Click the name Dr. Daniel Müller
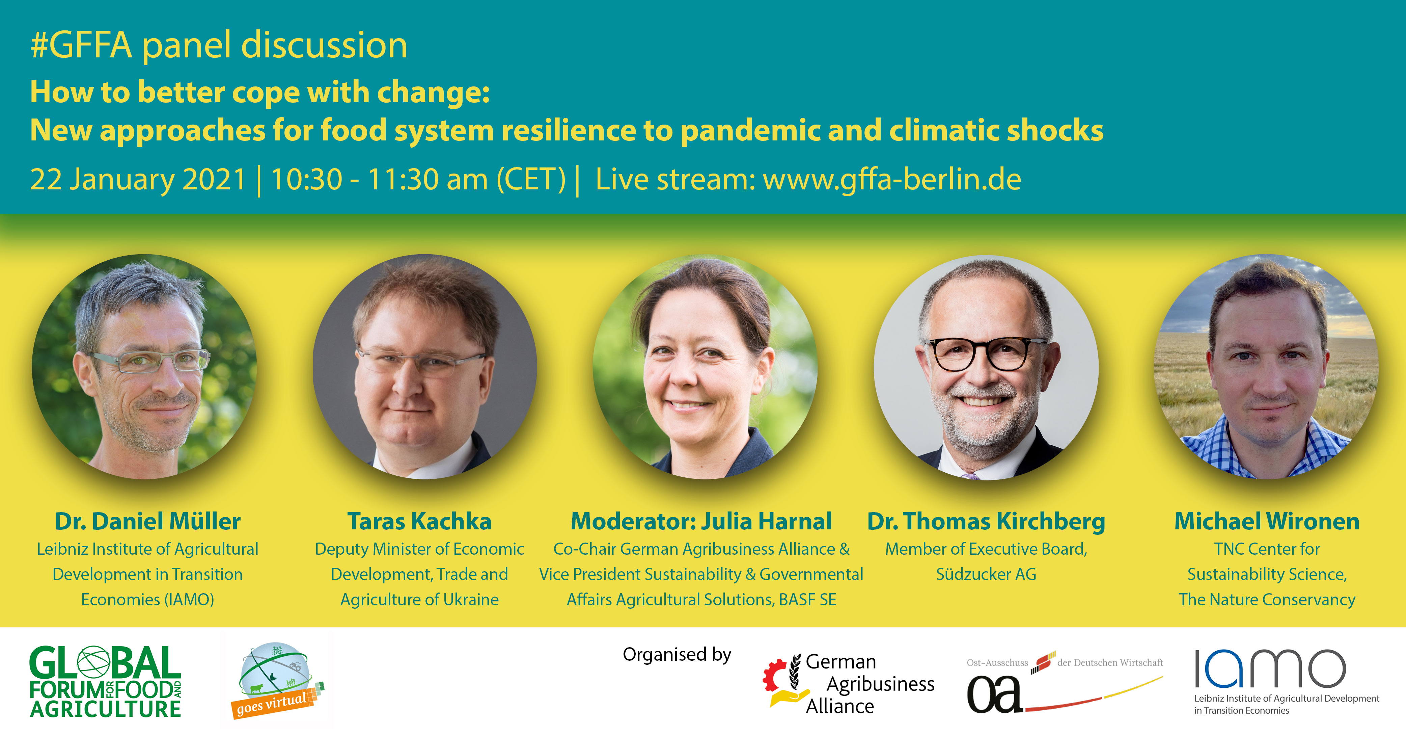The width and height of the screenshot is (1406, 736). [x=147, y=521]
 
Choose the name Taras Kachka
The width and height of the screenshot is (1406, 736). [x=419, y=521]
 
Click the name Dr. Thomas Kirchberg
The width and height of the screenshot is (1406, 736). [x=986, y=521]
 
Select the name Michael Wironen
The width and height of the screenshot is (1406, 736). [x=1267, y=521]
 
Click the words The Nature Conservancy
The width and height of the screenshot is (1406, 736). [x=1267, y=600]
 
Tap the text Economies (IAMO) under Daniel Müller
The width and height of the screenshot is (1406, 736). [x=147, y=600]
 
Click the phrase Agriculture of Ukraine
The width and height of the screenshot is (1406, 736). [x=419, y=600]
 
